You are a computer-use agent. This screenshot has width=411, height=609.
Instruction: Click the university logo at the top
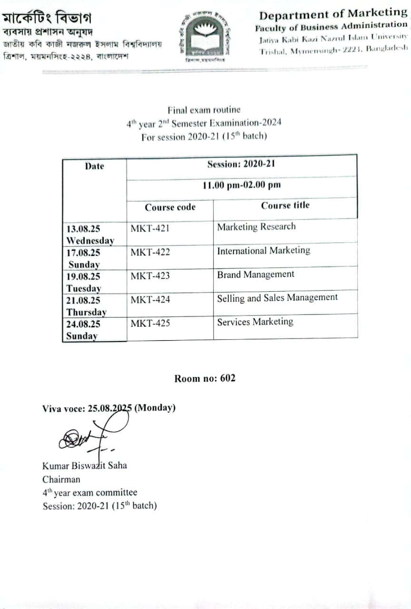[x=205, y=36]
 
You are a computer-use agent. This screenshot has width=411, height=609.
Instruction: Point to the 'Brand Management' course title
[x=255, y=275]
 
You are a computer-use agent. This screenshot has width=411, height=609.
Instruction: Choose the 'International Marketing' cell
[x=264, y=251]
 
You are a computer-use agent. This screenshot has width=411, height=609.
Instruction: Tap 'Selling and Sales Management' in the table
[x=277, y=298]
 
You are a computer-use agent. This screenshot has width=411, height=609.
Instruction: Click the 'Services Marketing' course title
[x=255, y=322]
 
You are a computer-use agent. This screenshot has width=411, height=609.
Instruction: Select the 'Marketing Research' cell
[x=256, y=227]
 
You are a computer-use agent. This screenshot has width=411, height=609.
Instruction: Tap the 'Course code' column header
[x=170, y=207]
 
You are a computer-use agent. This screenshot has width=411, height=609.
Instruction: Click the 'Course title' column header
[x=285, y=206]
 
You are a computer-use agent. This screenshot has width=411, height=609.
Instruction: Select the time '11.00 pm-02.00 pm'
[x=242, y=185]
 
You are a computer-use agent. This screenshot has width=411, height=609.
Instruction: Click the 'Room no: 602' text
[x=205, y=379]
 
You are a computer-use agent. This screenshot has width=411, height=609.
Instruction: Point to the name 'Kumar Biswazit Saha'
[x=85, y=465]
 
